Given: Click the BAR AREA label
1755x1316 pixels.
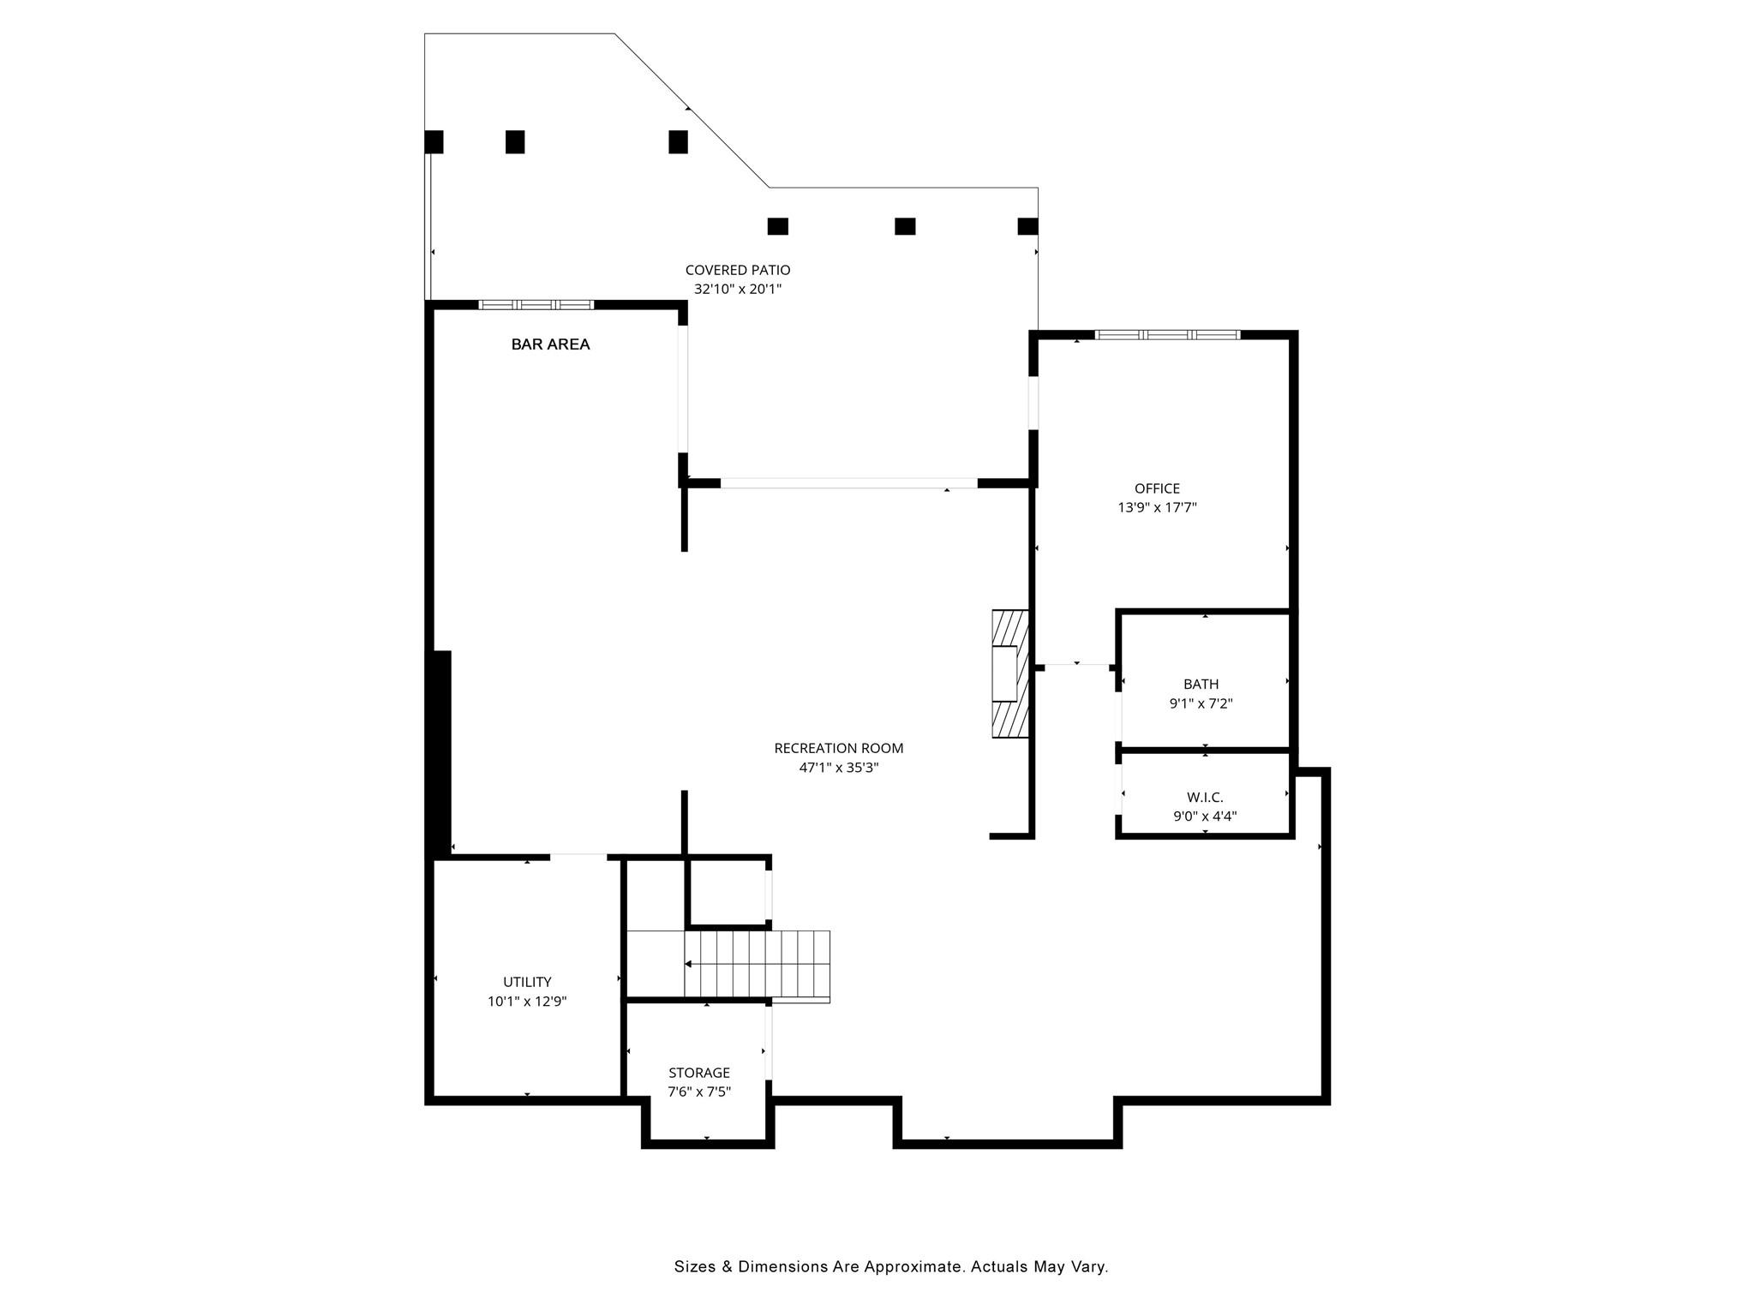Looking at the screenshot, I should click(x=550, y=344).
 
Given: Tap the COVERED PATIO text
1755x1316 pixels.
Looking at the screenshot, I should click(x=737, y=270).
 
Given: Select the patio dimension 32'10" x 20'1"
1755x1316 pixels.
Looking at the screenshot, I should click(x=737, y=290).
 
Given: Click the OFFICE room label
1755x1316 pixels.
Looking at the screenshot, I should click(x=1157, y=488).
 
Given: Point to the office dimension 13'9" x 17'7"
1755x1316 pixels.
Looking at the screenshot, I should click(x=1157, y=507).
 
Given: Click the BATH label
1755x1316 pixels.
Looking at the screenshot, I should click(x=1201, y=684).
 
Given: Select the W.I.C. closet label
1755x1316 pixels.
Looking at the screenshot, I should click(x=1205, y=797).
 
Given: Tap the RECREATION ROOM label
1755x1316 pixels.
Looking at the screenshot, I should click(x=838, y=748).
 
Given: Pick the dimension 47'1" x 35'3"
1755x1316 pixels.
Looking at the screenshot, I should click(x=838, y=768).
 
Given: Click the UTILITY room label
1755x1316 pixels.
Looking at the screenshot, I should click(x=527, y=982).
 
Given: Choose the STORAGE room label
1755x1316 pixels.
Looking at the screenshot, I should click(x=699, y=1073).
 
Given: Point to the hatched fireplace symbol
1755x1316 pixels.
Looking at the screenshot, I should click(x=1010, y=673).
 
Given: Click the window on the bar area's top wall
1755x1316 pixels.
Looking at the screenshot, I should click(x=536, y=304).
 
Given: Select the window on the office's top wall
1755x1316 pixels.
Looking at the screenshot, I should click(x=1167, y=335).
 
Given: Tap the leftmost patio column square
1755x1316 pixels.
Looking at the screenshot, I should click(x=434, y=141).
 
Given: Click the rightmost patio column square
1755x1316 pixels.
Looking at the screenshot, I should click(x=1027, y=226).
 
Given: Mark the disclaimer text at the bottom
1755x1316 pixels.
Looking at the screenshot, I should click(x=891, y=1266).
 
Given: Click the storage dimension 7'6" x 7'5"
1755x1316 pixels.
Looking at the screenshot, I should click(x=699, y=1092).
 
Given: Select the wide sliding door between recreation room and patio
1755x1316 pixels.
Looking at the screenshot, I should click(x=848, y=483).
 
